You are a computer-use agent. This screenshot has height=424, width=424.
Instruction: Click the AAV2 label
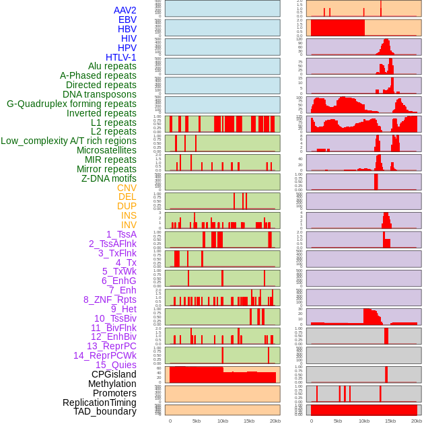pyautogui.click(x=125, y=10)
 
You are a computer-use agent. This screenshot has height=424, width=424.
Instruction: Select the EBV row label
pyautogui.click(x=127, y=20)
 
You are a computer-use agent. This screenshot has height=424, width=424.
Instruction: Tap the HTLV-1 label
pyautogui.click(x=121, y=57)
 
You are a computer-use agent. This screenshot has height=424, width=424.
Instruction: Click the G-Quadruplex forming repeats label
pyautogui.click(x=72, y=104)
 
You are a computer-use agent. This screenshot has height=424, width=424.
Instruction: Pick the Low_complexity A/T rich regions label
pyautogui.click(x=69, y=141)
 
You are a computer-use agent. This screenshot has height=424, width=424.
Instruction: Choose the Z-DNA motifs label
pyautogui.click(x=109, y=178)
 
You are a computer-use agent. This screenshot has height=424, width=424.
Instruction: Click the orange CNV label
pyautogui.click(x=127, y=188)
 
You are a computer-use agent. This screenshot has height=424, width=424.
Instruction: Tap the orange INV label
pyautogui.click(x=129, y=225)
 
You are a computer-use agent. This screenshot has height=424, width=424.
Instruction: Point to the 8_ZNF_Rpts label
pyautogui.click(x=110, y=299)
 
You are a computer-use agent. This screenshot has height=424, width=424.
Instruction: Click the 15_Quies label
pyautogui.click(x=116, y=365)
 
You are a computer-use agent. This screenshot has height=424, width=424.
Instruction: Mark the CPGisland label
pyautogui.click(x=114, y=374)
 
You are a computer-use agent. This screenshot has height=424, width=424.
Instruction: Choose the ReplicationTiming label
pyautogui.click(x=100, y=402)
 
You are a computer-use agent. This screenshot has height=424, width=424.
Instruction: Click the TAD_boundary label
pyautogui.click(x=105, y=411)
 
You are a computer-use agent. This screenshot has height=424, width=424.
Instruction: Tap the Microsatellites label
pyautogui.click(x=106, y=150)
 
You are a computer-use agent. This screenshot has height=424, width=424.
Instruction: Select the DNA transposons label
pyautogui.click(x=100, y=94)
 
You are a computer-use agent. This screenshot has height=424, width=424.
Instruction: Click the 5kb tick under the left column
pyautogui.click(x=197, y=421)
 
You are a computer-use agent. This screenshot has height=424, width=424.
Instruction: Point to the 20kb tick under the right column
pyautogui.click(x=417, y=421)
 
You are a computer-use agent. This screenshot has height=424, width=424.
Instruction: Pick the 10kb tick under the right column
pyautogui.click(x=364, y=421)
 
